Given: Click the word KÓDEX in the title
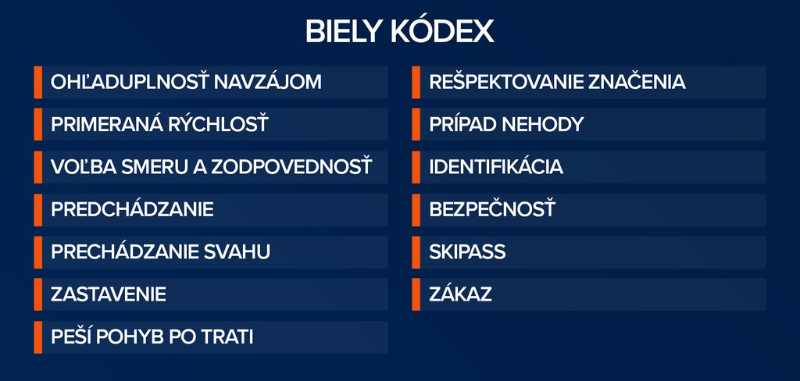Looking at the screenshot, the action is point(442,32).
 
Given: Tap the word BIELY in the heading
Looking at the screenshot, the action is point(344,33).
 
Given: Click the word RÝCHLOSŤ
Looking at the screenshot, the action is point(213,124).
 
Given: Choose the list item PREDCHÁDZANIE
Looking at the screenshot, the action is point(132,209).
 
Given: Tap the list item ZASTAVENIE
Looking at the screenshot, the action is point(109,295).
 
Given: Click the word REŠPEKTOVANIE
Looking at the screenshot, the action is point(506,82).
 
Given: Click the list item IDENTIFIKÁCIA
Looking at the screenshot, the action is point(496,167).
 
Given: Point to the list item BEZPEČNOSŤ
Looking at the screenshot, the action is point(492,209).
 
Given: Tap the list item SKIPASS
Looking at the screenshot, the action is point(467,252).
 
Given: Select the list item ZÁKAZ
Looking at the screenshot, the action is point(461,294).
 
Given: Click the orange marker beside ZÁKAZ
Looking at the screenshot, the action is point(416,294).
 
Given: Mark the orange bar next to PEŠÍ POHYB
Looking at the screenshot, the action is point(37,337).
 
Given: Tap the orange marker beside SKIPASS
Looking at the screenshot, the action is point(416,252).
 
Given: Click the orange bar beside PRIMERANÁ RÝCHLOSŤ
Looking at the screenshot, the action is point(37,124).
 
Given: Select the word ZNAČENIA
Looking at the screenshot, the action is point(637,82).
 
